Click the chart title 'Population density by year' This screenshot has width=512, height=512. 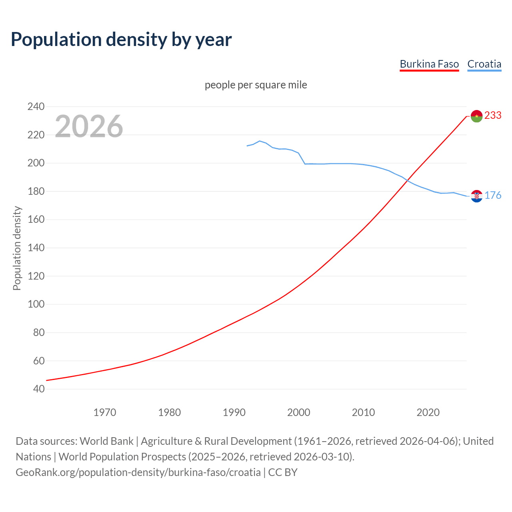pyautogui.click(x=121, y=40)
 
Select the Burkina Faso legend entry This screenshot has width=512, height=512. pyautogui.click(x=429, y=64)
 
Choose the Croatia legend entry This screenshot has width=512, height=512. pyautogui.click(x=484, y=64)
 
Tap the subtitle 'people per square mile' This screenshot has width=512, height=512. pyautogui.click(x=256, y=85)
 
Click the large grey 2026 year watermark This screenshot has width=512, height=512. pyautogui.click(x=89, y=126)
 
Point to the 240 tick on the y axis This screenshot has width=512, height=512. pyautogui.click(x=36, y=106)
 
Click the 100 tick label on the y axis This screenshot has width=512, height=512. pyautogui.click(x=36, y=304)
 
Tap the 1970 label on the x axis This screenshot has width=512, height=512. pyautogui.click(x=105, y=412)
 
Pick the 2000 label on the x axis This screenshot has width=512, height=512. pyautogui.click(x=299, y=412)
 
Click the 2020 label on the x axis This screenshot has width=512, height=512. pyautogui.click(x=428, y=412)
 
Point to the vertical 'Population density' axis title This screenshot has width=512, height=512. pyautogui.click(x=17, y=248)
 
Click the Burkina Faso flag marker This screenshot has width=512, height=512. pyautogui.click(x=476, y=116)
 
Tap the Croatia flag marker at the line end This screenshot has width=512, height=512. pyautogui.click(x=476, y=196)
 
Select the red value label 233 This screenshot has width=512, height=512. pyautogui.click(x=493, y=115)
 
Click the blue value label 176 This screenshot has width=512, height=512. pyautogui.click(x=493, y=195)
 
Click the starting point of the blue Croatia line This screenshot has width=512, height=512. pyautogui.click(x=247, y=146)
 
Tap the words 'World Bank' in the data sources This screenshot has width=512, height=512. pyautogui.click(x=106, y=441)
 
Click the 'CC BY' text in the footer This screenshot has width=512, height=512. pyautogui.click(x=283, y=472)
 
